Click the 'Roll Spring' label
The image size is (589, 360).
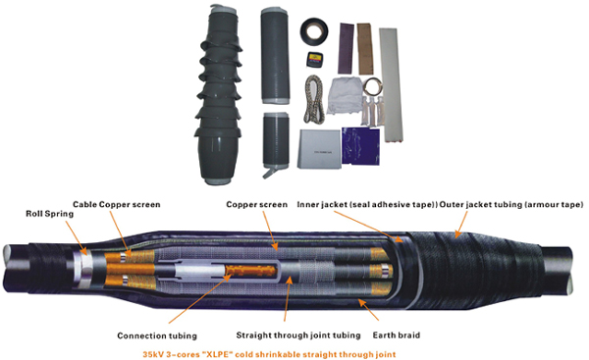point(50,214)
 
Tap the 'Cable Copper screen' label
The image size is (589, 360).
point(117,205)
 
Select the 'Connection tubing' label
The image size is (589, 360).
point(157,335)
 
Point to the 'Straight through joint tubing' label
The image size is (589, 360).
point(298,335)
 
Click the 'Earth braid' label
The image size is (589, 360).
point(397,335)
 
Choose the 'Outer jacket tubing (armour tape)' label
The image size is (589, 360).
point(511,205)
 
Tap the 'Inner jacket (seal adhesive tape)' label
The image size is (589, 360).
point(366,205)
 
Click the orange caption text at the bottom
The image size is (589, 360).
point(269,354)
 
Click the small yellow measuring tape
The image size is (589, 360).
point(315,60)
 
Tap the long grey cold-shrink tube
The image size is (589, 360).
point(275,56)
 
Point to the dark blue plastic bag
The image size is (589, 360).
point(360,146)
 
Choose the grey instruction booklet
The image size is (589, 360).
point(319,149)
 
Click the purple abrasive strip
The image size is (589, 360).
point(346,48)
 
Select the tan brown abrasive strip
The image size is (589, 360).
point(364,49)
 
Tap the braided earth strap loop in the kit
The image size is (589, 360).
point(314,99)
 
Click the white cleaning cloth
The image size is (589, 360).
point(345,96)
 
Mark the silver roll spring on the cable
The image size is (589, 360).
point(84,270)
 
